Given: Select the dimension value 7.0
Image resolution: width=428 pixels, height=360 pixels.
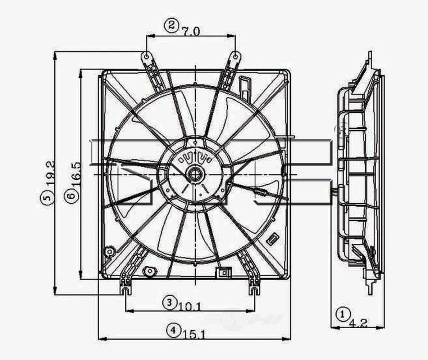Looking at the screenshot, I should coord(191,32).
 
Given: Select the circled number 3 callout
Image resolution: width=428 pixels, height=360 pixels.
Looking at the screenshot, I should coord(169,302).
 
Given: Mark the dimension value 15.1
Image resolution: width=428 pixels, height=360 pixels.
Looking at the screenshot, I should coord(195,335).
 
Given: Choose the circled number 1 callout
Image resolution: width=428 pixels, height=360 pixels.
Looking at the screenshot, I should coord(342,314).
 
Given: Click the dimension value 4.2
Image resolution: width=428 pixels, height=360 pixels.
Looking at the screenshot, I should coord(358,323).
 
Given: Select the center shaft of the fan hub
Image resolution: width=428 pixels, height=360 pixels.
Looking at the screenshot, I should coord(195,174).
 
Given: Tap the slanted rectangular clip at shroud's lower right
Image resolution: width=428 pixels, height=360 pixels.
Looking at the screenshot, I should coord(273,239).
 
